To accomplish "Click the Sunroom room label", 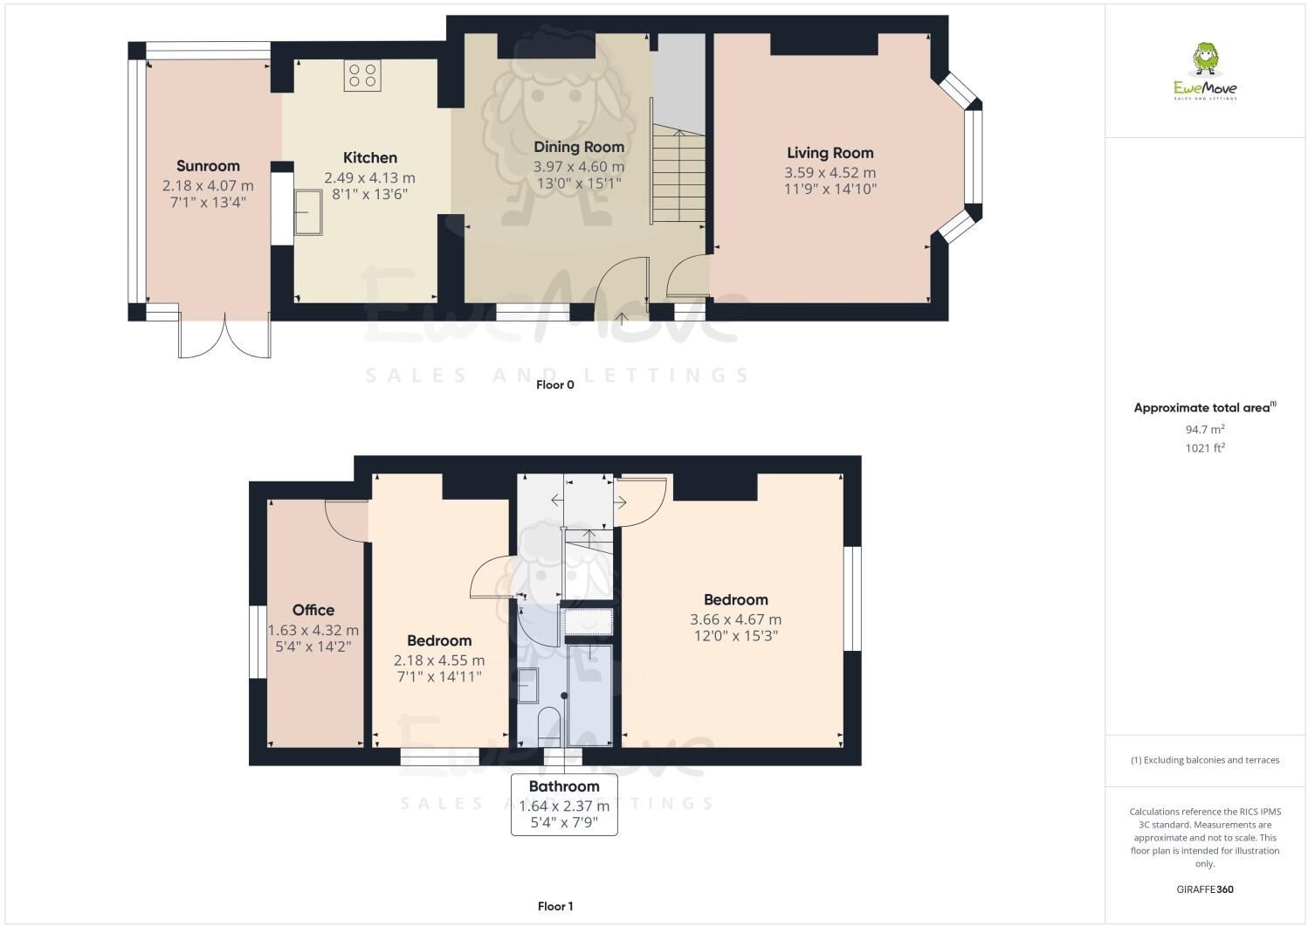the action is pyautogui.click(x=208, y=166).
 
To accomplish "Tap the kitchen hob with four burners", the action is pyautogui.click(x=362, y=76).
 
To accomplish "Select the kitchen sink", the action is pyautogui.click(x=307, y=212).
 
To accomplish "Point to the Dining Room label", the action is pyautogui.click(x=579, y=147).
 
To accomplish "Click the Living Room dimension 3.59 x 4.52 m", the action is pyautogui.click(x=830, y=173).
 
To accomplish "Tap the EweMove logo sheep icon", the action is pyautogui.click(x=1205, y=59).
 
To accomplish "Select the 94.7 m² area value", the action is pyautogui.click(x=1205, y=429).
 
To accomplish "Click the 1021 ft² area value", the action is pyautogui.click(x=1205, y=448).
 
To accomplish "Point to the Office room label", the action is pyautogui.click(x=313, y=611).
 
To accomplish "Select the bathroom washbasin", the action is pyautogui.click(x=528, y=685).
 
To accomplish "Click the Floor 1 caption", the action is pyautogui.click(x=555, y=906).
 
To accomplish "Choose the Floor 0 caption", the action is pyautogui.click(x=554, y=384).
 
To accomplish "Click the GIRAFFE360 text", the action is pyautogui.click(x=1205, y=889).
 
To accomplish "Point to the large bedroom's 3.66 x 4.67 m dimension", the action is pyautogui.click(x=735, y=619).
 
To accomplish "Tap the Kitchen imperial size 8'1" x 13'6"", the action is pyautogui.click(x=369, y=194).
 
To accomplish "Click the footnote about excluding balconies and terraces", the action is pyautogui.click(x=1205, y=760).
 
